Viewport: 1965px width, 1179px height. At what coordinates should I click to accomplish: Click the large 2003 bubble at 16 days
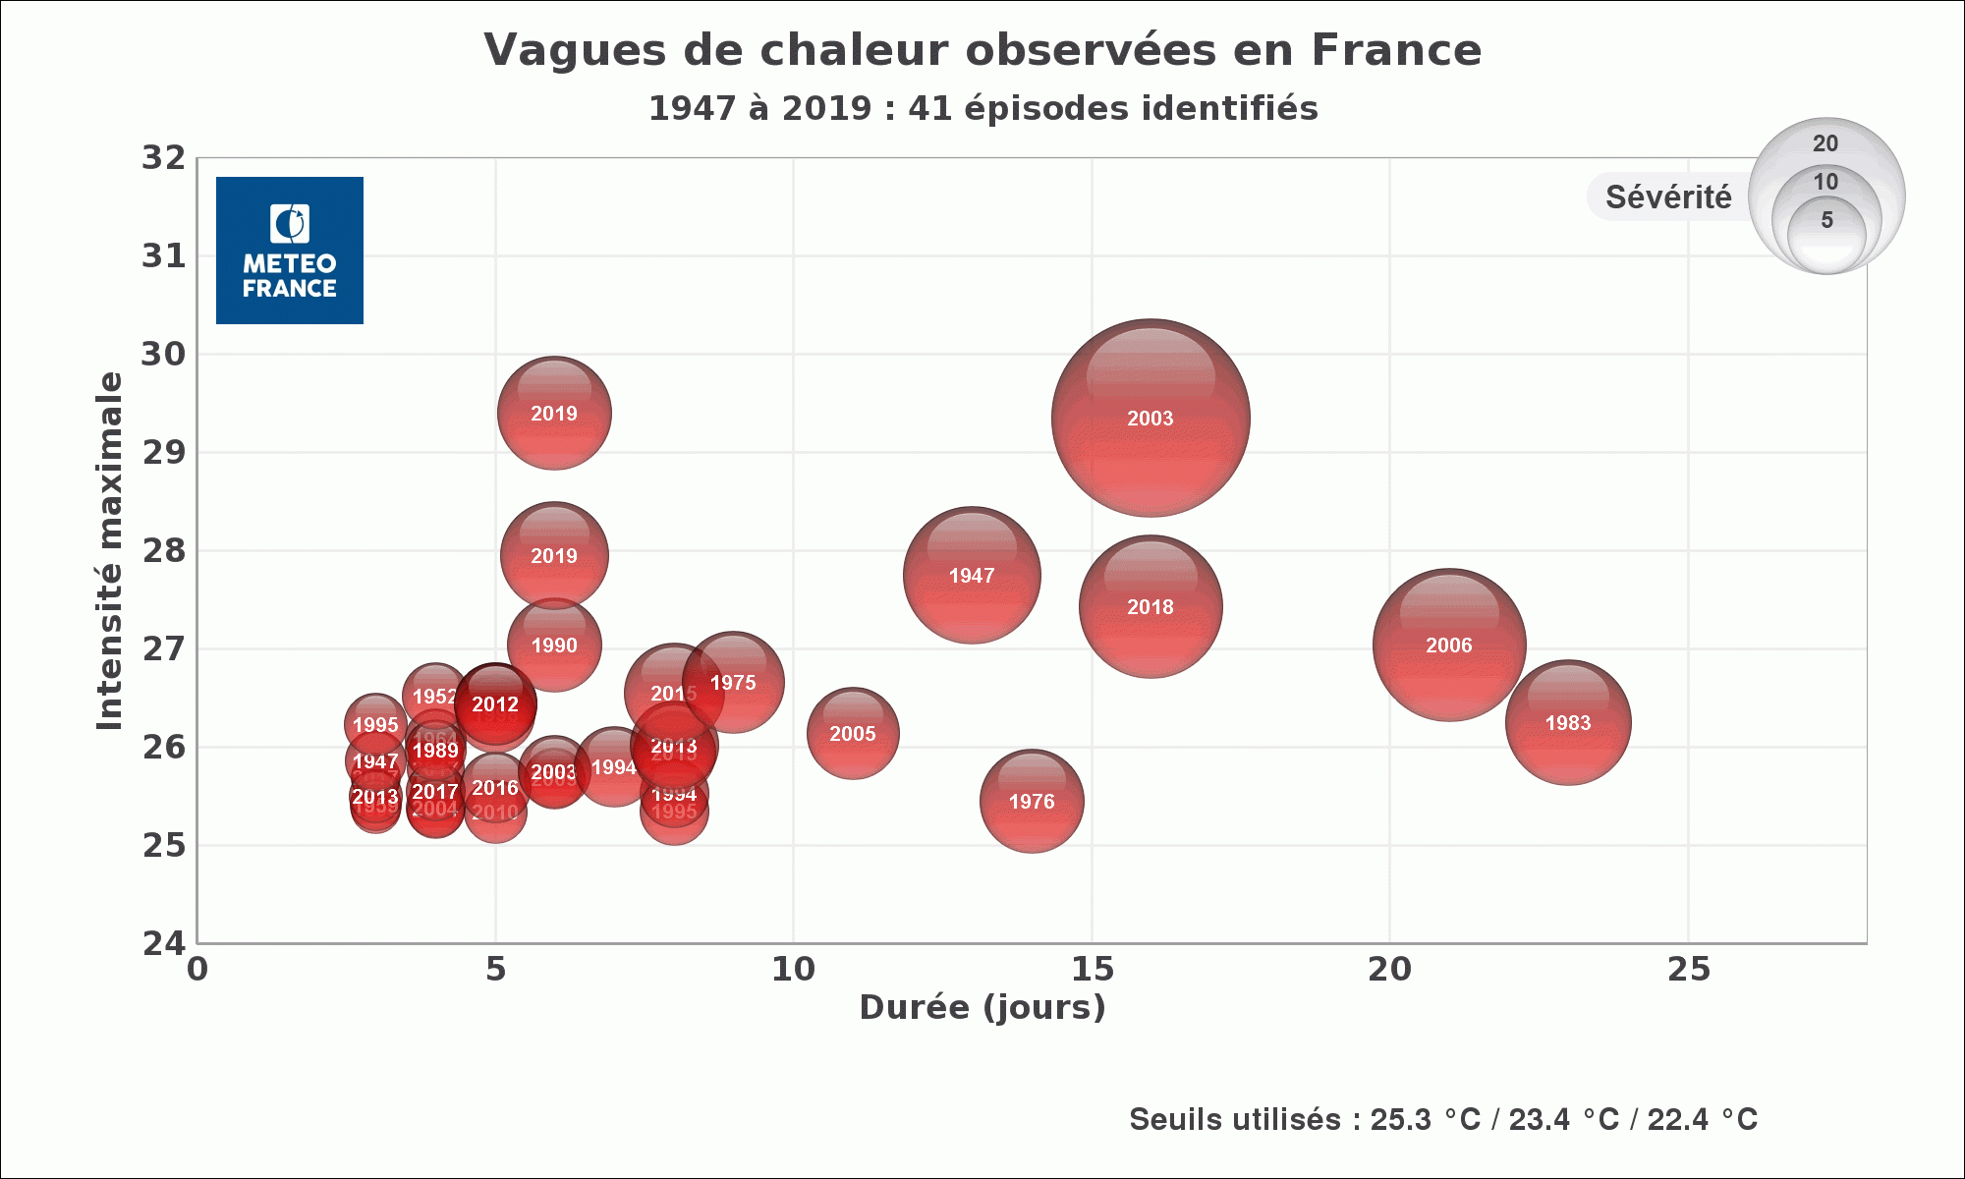1150,418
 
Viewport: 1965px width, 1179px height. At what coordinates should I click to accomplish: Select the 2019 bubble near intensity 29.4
554,413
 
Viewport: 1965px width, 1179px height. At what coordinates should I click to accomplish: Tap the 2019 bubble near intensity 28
554,555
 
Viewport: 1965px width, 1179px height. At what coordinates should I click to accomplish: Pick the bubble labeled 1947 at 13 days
972,576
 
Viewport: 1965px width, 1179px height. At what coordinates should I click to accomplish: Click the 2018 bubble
1150,606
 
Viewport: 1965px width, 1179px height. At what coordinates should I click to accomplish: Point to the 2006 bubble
1449,645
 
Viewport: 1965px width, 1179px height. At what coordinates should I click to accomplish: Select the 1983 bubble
1568,723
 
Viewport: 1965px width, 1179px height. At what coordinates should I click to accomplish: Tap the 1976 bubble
1032,802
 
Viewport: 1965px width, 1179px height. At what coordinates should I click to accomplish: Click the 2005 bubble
853,734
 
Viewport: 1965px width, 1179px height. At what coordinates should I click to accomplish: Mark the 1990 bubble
554,646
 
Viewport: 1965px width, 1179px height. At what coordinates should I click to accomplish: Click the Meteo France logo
290,251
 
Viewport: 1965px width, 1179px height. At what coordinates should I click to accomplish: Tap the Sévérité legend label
1668,197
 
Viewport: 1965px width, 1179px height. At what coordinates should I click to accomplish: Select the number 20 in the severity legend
1825,143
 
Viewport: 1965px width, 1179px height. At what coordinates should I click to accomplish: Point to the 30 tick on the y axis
163,354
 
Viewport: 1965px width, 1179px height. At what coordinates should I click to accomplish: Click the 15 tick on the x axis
1092,970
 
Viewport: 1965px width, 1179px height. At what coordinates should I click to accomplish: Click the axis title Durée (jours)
982,1007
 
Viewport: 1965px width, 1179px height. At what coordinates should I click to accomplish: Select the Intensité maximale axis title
110,550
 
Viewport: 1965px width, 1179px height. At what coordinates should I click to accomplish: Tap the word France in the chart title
1396,50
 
